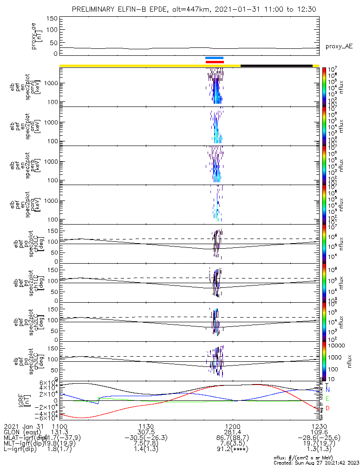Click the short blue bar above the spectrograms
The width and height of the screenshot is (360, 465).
215,58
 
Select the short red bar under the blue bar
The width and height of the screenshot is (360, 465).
215,62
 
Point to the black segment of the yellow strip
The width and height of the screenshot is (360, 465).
276,66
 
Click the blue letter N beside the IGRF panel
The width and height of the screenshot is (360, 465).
327,389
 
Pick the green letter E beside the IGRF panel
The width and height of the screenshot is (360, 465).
327,399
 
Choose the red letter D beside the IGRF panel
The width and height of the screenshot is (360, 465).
327,408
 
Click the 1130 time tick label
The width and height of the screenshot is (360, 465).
146,426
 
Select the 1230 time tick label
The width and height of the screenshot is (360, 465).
319,426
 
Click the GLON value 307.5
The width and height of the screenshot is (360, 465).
146,432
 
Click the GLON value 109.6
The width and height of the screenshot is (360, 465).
319,432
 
